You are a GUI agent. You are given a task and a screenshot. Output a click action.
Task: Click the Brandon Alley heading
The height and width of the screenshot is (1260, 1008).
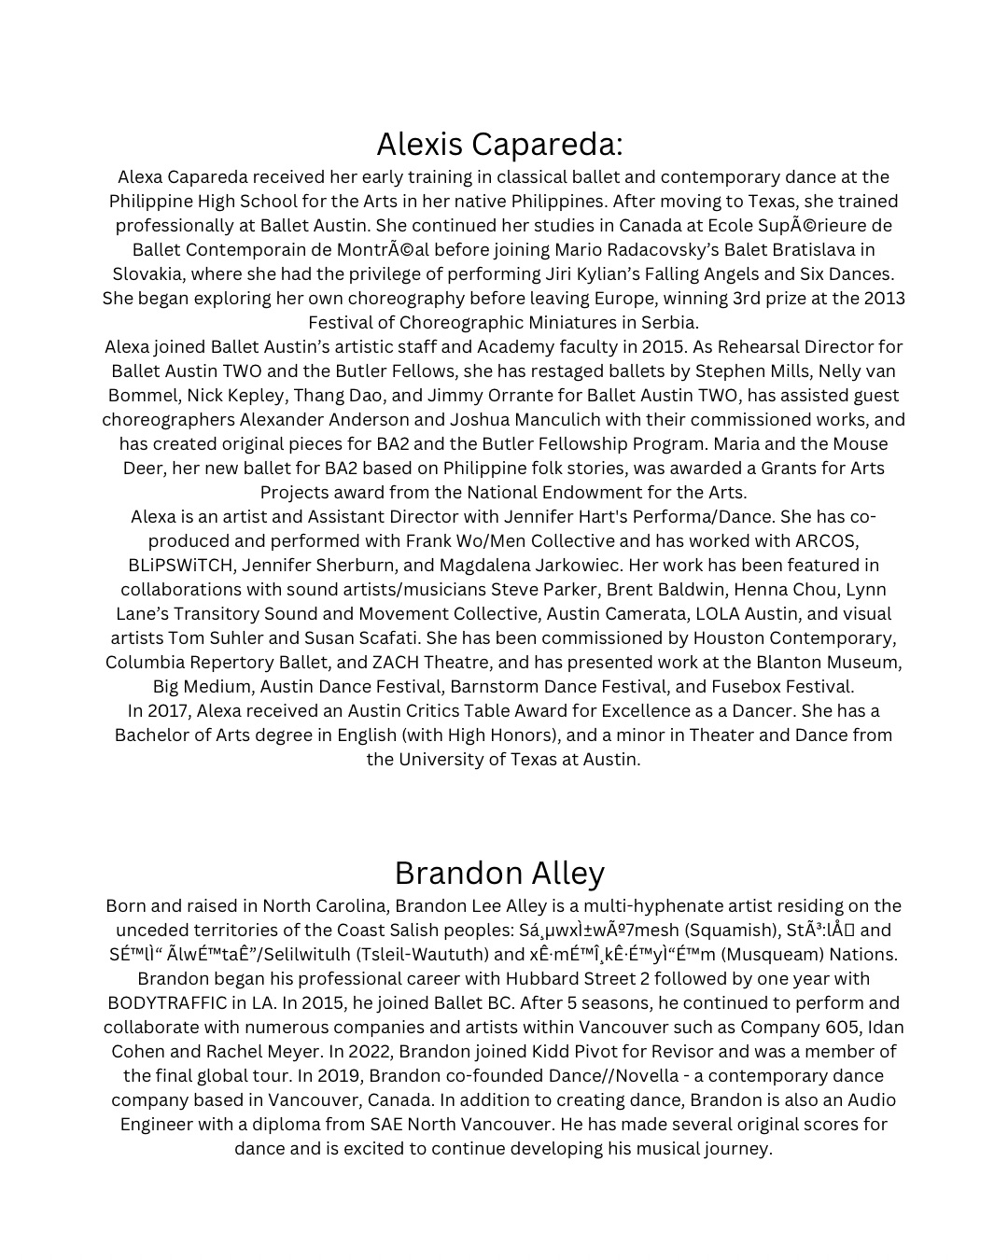coord(499,873)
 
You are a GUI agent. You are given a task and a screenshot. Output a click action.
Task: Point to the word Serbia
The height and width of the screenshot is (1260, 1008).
coord(667,323)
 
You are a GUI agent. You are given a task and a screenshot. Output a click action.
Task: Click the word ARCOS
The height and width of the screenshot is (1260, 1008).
coord(826,541)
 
